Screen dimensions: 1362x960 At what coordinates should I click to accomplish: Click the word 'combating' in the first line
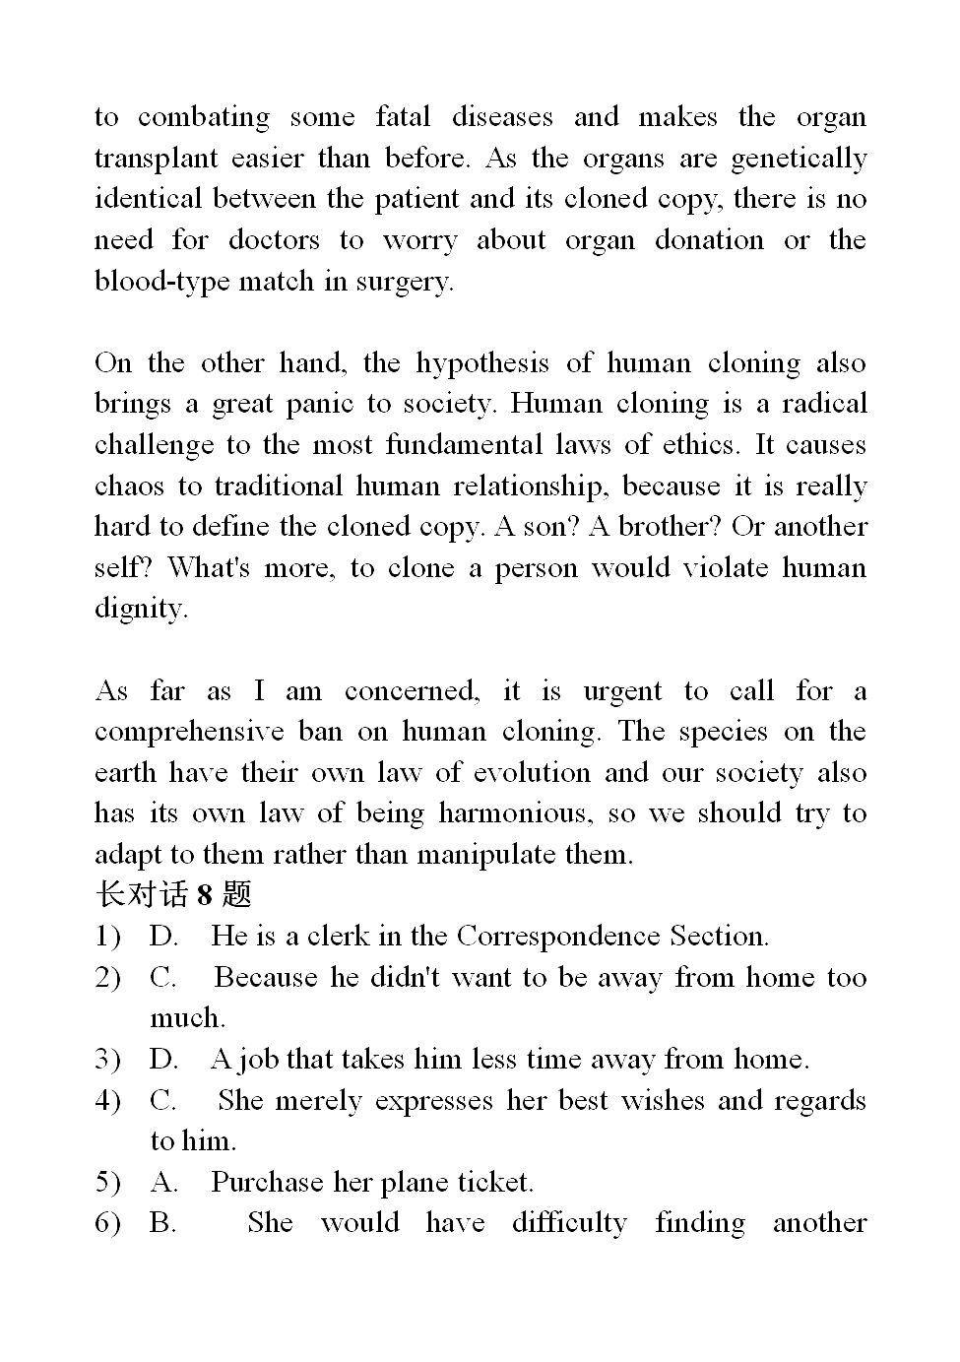pyautogui.click(x=203, y=118)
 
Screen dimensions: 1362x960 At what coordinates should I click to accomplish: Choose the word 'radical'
pyautogui.click(x=824, y=404)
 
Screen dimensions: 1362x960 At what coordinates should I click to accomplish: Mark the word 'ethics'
pyautogui.click(x=699, y=445)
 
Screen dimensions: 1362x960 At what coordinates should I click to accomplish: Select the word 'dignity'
pyautogui.click(x=140, y=610)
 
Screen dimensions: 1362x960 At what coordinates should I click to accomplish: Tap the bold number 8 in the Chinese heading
pyautogui.click(x=205, y=895)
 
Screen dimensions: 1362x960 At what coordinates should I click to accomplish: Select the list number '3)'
pyautogui.click(x=107, y=1060)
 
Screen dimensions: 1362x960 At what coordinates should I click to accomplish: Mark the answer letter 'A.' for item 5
pyautogui.click(x=163, y=1183)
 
